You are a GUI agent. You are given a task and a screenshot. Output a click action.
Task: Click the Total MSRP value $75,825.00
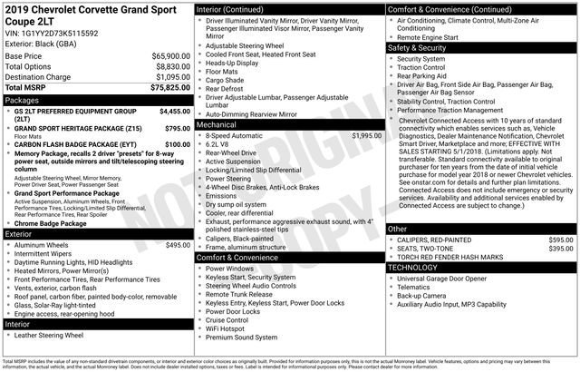[x=170, y=88]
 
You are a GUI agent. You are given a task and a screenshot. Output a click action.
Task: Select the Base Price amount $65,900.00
[x=171, y=55]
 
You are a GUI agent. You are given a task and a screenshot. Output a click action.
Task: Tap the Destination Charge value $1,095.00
[x=172, y=77]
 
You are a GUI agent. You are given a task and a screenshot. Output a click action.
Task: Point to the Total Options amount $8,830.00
[x=172, y=66]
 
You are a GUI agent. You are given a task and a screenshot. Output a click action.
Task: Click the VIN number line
[x=53, y=32]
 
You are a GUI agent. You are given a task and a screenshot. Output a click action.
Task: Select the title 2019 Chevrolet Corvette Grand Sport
[x=92, y=9]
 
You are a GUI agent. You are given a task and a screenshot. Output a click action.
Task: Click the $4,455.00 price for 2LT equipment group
[x=174, y=111]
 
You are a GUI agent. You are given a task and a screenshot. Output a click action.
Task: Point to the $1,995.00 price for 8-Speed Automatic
[x=366, y=135]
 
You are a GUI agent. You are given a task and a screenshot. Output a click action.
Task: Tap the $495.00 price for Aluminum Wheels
[x=177, y=245]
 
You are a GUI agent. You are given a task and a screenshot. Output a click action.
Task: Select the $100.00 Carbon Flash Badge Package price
[x=177, y=144]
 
